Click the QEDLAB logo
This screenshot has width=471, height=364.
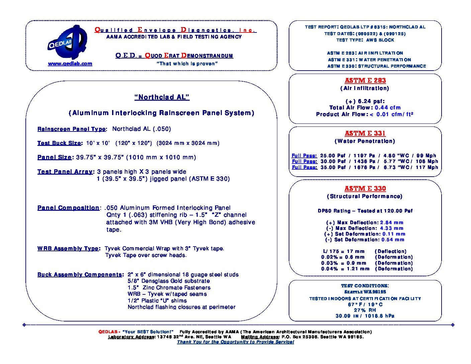pos(67,42)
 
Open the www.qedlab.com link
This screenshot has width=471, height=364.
pos(70,64)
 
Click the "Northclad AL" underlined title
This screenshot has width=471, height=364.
pos(162,97)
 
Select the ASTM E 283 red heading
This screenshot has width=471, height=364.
pos(365,80)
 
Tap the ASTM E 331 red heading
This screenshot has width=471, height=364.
pos(365,133)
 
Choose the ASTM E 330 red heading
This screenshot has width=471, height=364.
pos(365,188)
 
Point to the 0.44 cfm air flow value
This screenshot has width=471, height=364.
pos(387,108)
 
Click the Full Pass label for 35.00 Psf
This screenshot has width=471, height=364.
pos(304,167)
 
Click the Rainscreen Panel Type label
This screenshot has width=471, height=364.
pos(72,129)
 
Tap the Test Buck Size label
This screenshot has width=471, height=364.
pos(59,143)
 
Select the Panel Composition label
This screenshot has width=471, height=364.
pos(68,208)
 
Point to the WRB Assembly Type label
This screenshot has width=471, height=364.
pos(68,249)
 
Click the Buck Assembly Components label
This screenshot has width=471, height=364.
pos(80,275)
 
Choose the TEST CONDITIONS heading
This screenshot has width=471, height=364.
pos(365,286)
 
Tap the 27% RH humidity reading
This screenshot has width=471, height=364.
pos(365,310)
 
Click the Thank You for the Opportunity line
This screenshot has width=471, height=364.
pos(235,342)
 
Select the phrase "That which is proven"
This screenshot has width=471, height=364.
pos(187,64)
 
